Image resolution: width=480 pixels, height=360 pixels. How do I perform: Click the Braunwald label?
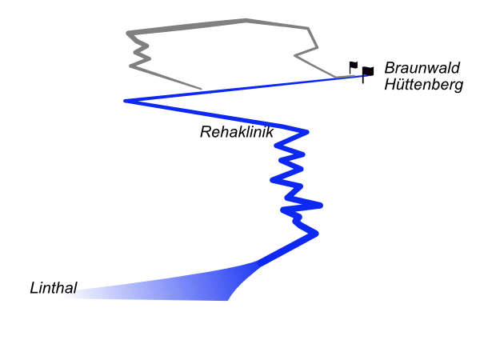(x=418, y=68)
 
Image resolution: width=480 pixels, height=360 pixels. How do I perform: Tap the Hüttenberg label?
(x=423, y=85)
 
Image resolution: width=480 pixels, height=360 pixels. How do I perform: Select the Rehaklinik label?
(x=237, y=132)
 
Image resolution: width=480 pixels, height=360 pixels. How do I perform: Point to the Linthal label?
(x=53, y=288)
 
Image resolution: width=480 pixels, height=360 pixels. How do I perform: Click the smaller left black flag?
(x=354, y=66)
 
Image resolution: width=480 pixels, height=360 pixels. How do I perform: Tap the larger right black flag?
(x=367, y=72)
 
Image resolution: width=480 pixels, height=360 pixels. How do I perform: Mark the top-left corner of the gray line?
(x=128, y=33)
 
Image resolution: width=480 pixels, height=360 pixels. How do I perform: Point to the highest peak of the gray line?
(x=245, y=20)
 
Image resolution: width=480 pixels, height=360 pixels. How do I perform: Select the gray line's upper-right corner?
(x=306, y=28)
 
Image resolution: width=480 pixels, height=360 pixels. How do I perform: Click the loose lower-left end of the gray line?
(x=201, y=89)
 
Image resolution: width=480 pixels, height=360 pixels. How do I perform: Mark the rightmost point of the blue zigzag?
(x=322, y=205)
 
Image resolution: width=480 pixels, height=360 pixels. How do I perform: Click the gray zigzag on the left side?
(x=141, y=53)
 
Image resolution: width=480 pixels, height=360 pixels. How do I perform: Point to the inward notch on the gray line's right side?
(x=296, y=56)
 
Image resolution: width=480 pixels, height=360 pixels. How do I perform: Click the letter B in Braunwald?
(x=390, y=68)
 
